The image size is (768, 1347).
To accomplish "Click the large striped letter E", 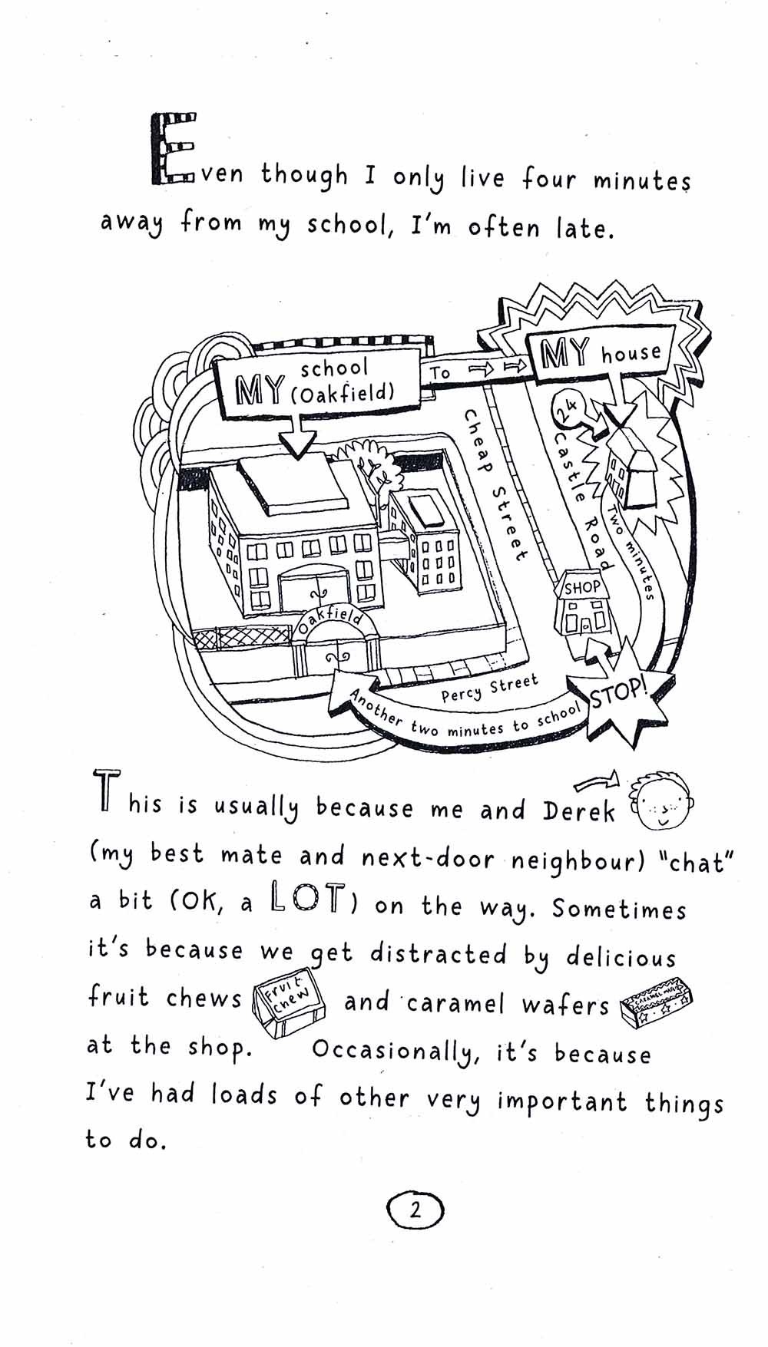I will tap(171, 150).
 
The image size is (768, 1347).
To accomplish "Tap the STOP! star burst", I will tap(619, 693).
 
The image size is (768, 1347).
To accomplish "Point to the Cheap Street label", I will tap(495, 484).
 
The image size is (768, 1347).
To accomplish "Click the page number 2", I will tap(415, 1210).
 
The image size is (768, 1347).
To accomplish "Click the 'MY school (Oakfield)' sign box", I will tap(317, 381).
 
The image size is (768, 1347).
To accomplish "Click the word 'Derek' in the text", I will tap(579, 812).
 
